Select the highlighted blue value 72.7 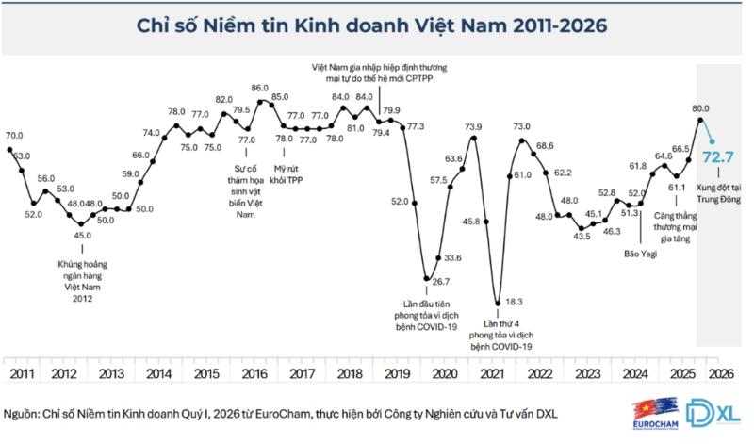point(717,156)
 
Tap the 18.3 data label point(512,302)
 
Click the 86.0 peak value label point(260,88)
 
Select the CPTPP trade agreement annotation point(379,74)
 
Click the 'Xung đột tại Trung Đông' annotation point(719,194)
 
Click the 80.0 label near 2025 point(700,108)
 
